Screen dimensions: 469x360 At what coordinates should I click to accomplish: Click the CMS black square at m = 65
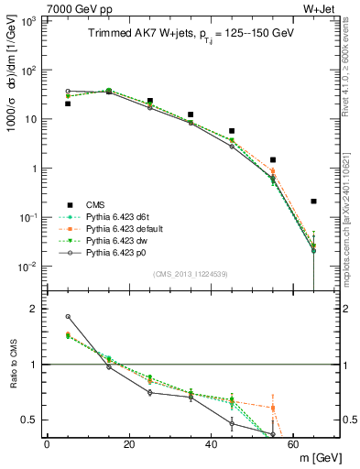click(x=314, y=202)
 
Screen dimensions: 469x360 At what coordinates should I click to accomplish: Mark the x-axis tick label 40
click(x=212, y=443)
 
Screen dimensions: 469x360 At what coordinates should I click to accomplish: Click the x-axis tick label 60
click(x=294, y=443)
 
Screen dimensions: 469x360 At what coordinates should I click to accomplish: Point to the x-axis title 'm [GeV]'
click(x=317, y=457)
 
